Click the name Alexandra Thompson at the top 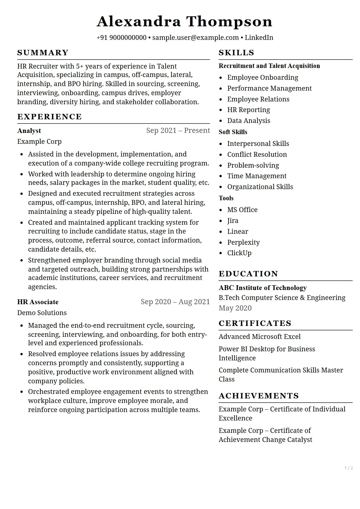184,22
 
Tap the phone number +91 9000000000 122,38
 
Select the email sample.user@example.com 196,38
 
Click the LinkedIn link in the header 259,38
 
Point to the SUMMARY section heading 43,53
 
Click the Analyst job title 29,131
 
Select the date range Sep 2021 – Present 178,130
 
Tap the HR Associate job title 38,302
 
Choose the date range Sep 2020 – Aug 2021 175,302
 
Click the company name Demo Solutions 42,313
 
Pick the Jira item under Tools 233,221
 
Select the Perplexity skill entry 243,243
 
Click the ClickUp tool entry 239,253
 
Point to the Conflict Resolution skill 257,155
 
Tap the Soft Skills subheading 233,132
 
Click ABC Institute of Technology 263,288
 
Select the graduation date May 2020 235,308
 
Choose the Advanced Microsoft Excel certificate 260,337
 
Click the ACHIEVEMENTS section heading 259,396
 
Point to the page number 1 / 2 349,468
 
